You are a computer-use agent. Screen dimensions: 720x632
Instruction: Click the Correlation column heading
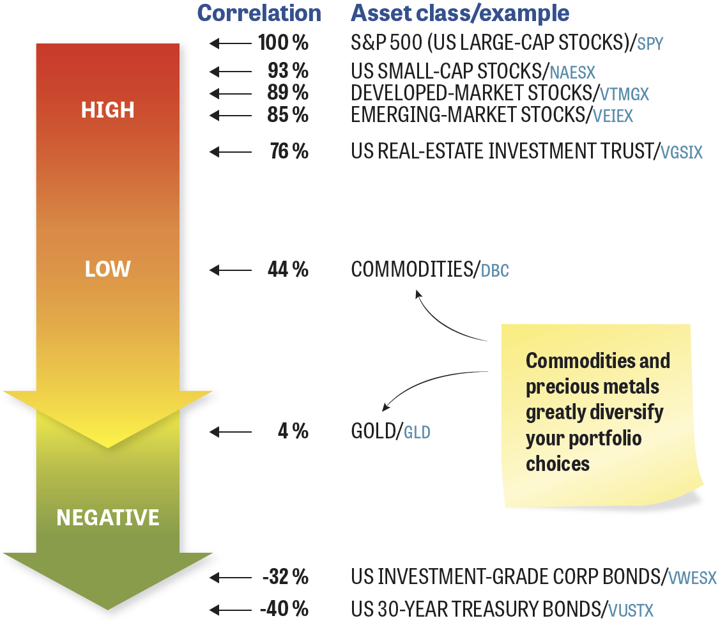click(x=259, y=13)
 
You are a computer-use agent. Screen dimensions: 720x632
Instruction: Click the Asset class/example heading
click(x=460, y=13)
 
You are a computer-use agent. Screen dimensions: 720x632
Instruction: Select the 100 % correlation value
click(x=283, y=43)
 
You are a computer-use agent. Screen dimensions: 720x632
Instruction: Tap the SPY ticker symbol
click(x=650, y=44)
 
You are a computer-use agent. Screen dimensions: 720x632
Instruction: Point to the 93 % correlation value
click(x=288, y=71)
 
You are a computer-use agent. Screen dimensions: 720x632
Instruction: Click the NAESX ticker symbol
click(x=572, y=73)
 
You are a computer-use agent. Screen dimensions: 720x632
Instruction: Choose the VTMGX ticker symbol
click(x=625, y=94)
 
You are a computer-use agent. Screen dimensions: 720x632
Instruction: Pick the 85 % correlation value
click(x=288, y=115)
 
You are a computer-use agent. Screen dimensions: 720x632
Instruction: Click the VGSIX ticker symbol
click(x=682, y=153)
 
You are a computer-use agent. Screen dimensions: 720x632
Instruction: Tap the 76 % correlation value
click(x=289, y=151)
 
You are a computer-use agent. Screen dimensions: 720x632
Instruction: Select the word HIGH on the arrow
click(x=108, y=110)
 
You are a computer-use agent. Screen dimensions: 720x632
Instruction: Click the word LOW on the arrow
click(x=108, y=269)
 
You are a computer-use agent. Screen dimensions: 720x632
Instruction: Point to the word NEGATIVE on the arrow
click(x=108, y=518)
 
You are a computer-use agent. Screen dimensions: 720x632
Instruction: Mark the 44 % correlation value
click(x=288, y=270)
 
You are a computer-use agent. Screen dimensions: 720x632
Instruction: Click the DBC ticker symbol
click(x=495, y=271)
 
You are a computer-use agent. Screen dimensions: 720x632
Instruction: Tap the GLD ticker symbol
click(x=417, y=433)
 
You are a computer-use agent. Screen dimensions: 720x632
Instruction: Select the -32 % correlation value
click(x=285, y=577)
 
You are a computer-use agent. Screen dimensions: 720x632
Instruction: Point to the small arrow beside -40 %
click(x=231, y=610)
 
